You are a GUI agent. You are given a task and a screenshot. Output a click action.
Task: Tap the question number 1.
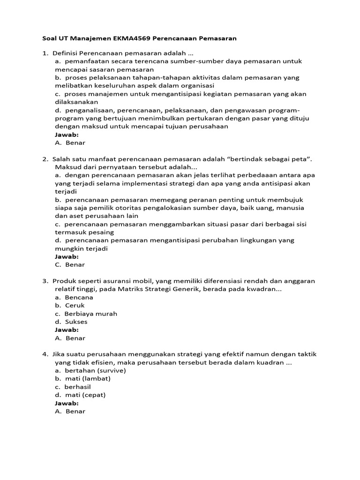click(x=44, y=53)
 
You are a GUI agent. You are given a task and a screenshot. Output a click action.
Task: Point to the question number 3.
click(x=44, y=281)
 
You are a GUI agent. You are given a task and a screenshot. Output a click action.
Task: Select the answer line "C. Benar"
click(x=70, y=264)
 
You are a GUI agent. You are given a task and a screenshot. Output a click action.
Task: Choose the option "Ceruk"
click(x=75, y=305)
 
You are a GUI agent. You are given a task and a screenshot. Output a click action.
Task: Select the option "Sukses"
click(x=76, y=322)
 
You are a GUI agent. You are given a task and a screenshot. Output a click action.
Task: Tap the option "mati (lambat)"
click(x=88, y=378)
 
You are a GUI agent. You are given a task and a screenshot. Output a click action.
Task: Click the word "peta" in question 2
click(x=301, y=159)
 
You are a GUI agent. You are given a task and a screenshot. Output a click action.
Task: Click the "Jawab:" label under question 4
click(x=67, y=403)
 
